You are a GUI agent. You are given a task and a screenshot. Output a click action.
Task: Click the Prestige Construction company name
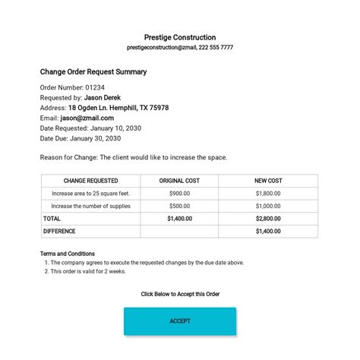point(180,37)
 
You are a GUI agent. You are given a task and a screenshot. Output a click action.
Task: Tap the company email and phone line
point(180,47)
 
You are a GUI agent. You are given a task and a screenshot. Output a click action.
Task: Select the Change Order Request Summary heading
point(93,72)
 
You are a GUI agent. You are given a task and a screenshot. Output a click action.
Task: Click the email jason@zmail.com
point(87,118)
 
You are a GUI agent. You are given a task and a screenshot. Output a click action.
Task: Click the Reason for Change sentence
point(133,157)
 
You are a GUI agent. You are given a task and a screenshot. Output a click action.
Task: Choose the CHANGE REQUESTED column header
point(90,181)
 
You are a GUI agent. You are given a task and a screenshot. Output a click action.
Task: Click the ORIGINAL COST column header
point(179,181)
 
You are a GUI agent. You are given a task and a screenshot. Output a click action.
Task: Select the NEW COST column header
point(268,181)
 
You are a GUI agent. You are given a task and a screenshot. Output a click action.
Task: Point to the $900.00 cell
point(179,194)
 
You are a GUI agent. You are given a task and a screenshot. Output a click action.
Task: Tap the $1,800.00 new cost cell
point(268,194)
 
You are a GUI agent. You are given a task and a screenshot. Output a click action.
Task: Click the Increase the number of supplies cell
point(90,206)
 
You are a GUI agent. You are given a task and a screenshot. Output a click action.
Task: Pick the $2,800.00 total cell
point(268,218)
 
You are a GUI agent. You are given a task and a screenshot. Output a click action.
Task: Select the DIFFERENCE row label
point(59,231)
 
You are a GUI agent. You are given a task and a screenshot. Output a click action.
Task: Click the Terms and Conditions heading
point(68,254)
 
